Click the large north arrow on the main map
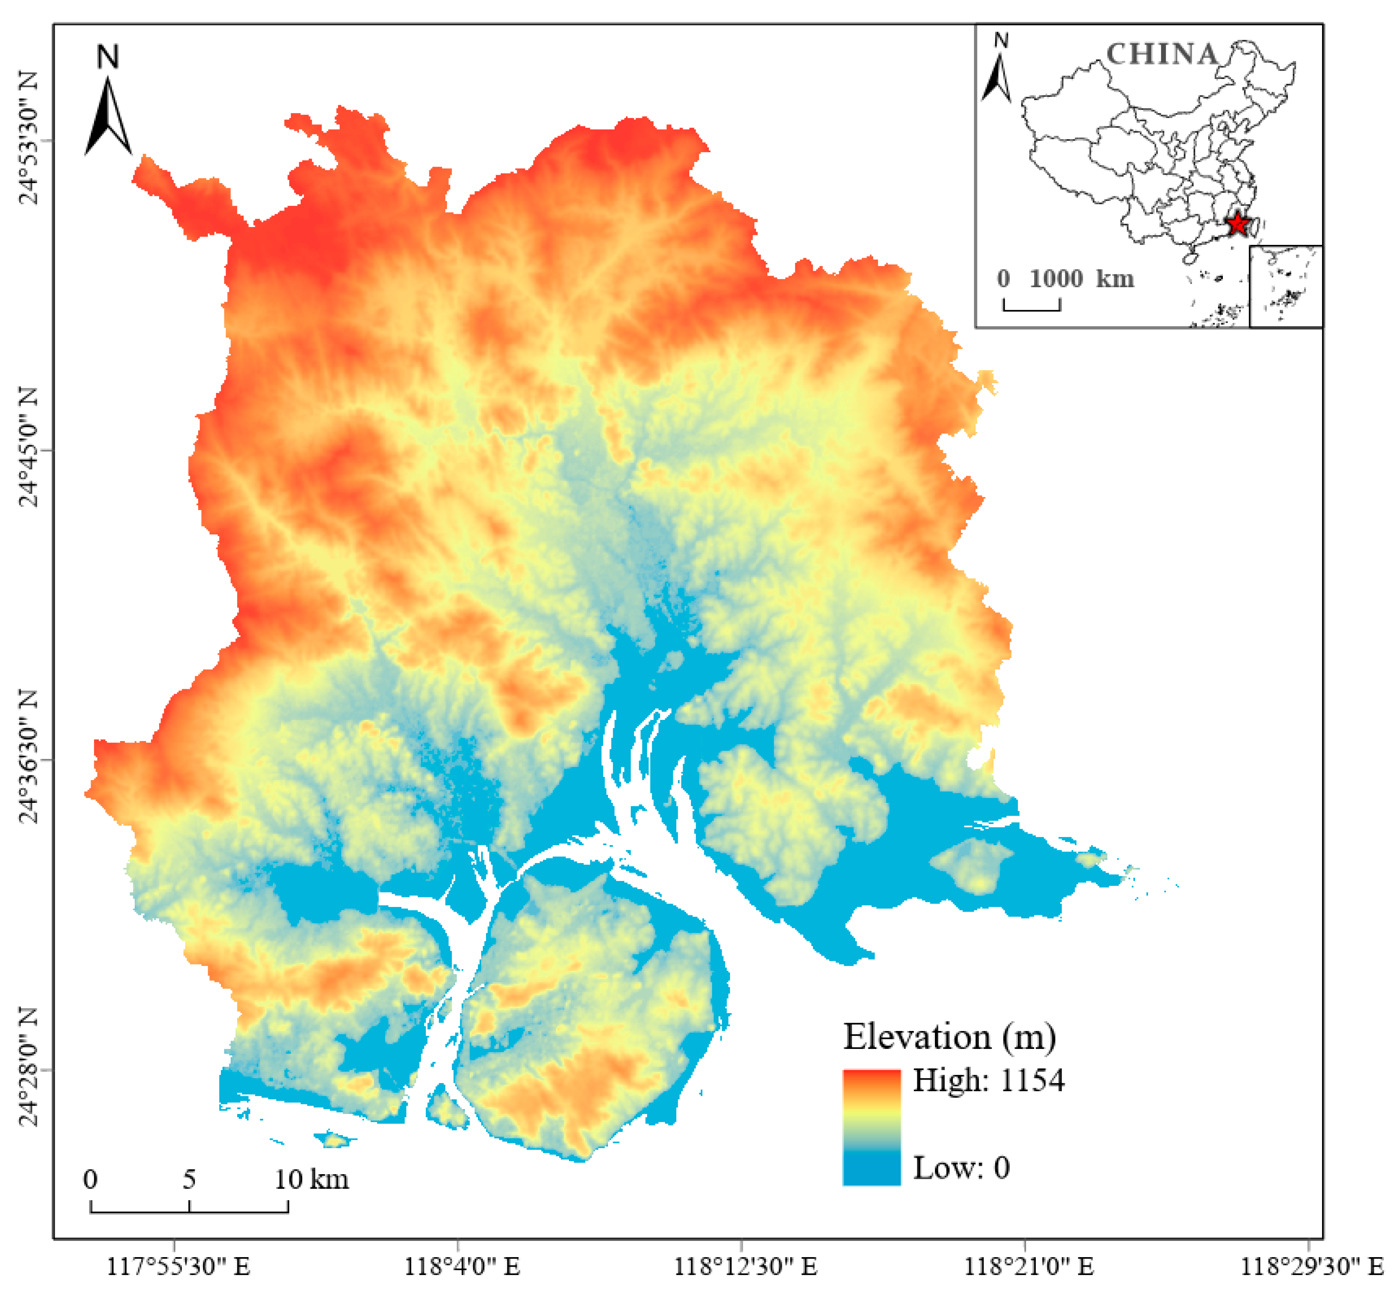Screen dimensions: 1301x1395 pyautogui.click(x=108, y=116)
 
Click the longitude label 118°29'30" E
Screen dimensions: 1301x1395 pyautogui.click(x=1312, y=1266)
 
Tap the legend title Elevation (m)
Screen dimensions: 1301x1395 pyautogui.click(x=949, y=1036)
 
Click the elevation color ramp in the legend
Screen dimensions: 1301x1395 pyautogui.click(x=872, y=1127)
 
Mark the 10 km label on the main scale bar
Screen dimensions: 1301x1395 pyautogui.click(x=311, y=1179)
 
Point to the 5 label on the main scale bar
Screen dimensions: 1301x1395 pyautogui.click(x=189, y=1179)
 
